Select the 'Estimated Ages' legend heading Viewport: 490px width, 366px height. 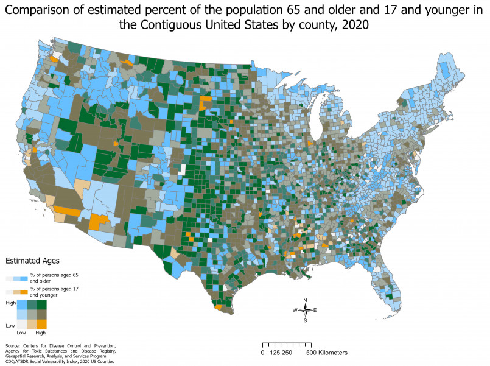(x=32, y=260)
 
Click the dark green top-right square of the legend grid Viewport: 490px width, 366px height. (x=41, y=304)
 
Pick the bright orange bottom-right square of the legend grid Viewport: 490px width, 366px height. (x=41, y=324)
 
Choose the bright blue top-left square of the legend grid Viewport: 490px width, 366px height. (x=21, y=304)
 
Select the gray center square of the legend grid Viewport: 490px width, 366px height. (x=31, y=314)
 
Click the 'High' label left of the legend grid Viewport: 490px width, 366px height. (x=10, y=303)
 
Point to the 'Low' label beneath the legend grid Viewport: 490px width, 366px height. (x=21, y=333)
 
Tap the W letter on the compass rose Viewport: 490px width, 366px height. (x=295, y=310)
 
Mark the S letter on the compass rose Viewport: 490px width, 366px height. (x=305, y=320)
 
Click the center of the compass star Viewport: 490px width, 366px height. (x=305, y=310)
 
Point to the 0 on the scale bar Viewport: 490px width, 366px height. (x=262, y=353)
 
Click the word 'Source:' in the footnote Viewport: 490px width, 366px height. (x=12, y=346)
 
